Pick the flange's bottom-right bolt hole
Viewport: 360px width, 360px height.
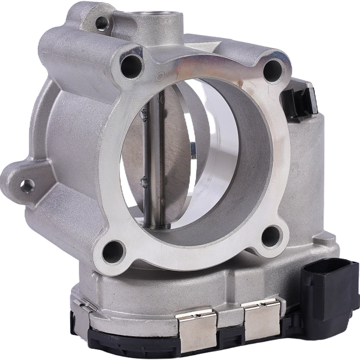point(271,236)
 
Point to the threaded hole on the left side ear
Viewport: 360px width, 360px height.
point(27,185)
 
